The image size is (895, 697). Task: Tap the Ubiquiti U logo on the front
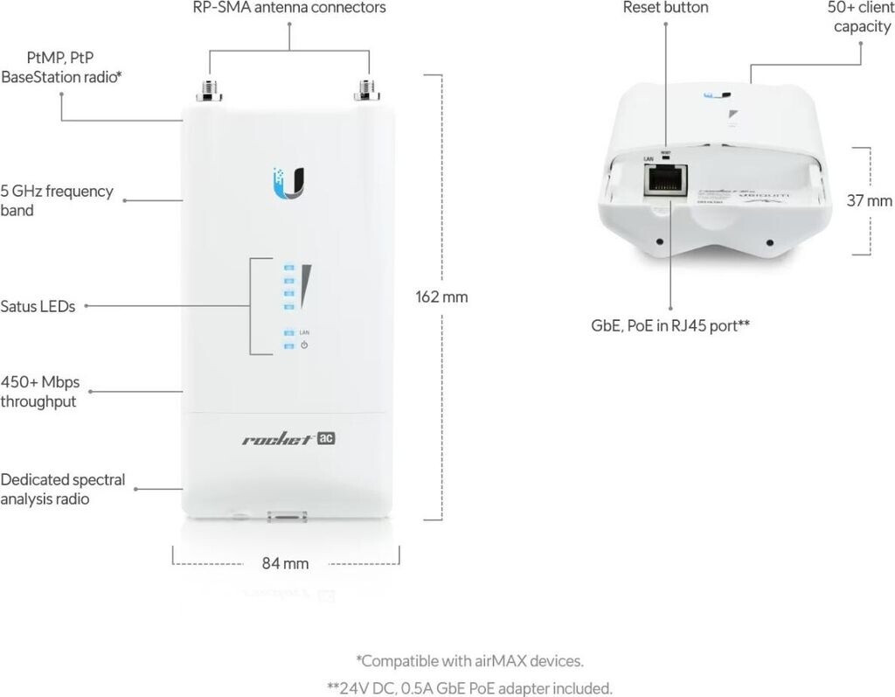(288, 178)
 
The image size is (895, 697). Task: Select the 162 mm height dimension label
(441, 296)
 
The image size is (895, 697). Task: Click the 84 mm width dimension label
(286, 563)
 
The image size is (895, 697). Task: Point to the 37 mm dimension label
(870, 200)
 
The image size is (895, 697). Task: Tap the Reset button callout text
(666, 8)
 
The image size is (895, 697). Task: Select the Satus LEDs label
(38, 306)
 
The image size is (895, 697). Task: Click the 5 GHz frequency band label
(57, 200)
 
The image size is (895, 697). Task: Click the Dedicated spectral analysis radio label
(63, 489)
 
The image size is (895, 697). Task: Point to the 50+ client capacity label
(861, 17)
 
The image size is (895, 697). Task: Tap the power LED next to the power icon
(288, 345)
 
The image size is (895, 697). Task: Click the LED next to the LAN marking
(288, 332)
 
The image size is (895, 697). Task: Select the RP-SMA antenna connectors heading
(289, 8)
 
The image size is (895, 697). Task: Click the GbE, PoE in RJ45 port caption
(670, 325)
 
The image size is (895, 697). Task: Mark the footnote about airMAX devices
(469, 660)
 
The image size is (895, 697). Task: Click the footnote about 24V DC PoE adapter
(469, 687)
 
